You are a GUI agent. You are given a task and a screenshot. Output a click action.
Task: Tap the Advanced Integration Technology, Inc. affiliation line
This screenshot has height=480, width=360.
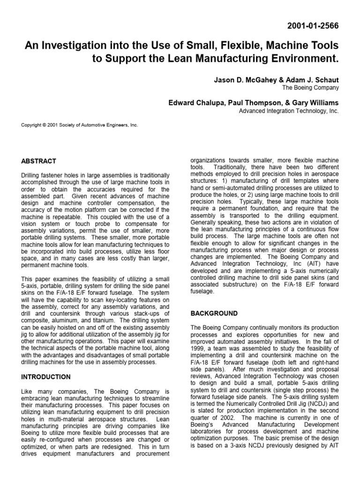[289, 112]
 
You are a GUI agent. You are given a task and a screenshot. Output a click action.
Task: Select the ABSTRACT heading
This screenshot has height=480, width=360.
[38, 161]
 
